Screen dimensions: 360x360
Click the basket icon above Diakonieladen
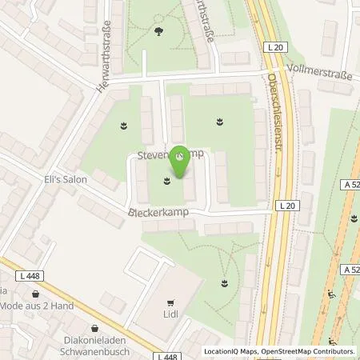point(95,327)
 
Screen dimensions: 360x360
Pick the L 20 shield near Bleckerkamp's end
point(290,206)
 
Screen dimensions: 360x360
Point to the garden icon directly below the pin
point(167,180)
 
